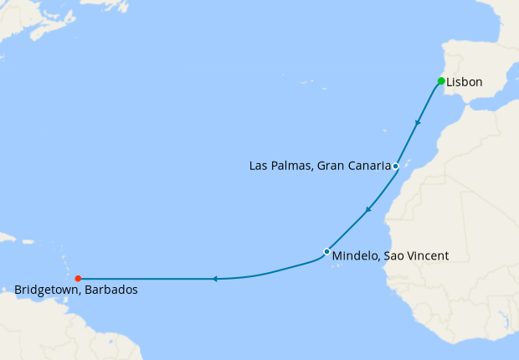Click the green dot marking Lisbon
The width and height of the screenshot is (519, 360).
click(440, 81)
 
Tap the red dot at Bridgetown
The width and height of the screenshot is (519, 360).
click(78, 279)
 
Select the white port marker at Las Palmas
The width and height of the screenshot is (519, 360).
click(395, 166)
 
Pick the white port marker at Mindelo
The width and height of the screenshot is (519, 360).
click(326, 251)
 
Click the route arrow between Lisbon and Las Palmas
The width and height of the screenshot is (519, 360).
click(417, 123)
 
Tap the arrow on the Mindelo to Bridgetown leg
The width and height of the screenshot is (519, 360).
click(214, 279)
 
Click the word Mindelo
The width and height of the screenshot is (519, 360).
click(355, 256)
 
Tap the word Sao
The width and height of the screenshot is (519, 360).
click(394, 256)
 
